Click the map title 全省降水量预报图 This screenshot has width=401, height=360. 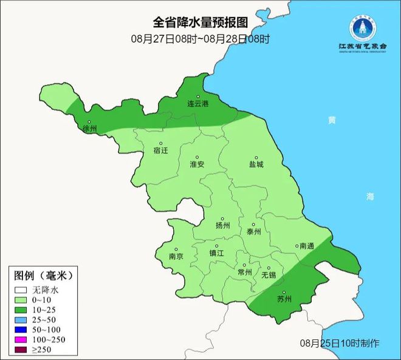point(200,22)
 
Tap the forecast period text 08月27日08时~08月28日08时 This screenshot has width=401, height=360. point(200,38)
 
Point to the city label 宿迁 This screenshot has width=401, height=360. point(161,149)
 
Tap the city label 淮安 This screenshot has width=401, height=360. point(197,165)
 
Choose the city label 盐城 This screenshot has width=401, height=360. point(256,165)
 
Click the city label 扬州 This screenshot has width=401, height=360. point(223,225)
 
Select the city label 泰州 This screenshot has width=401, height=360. point(253,231)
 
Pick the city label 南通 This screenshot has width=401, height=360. point(306,246)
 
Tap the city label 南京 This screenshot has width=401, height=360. point(176,256)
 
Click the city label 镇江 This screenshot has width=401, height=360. point(217,253)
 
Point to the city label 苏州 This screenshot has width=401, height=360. point(284,299)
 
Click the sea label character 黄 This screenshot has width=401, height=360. point(331,120)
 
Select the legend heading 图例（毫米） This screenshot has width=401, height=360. point(43,275)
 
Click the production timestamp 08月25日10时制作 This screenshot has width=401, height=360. point(340,343)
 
